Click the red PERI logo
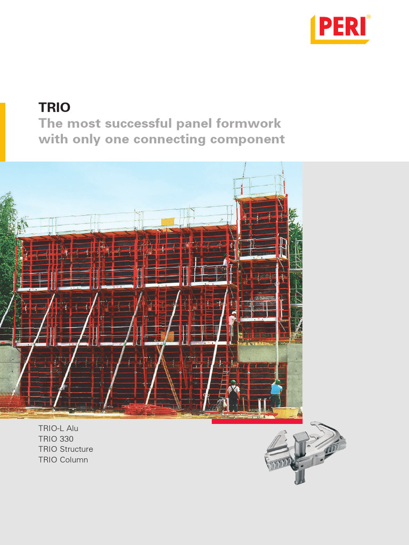340,29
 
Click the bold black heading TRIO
54,107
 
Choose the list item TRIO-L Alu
59,428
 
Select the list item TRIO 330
56,439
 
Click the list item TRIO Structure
66,449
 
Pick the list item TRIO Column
63,459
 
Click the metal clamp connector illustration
305,452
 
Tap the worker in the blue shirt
276,393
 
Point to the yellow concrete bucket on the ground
285,412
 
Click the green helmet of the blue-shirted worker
278,382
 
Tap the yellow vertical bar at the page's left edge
3,132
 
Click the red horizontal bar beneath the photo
257,422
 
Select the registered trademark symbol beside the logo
369,16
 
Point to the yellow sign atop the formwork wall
168,222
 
